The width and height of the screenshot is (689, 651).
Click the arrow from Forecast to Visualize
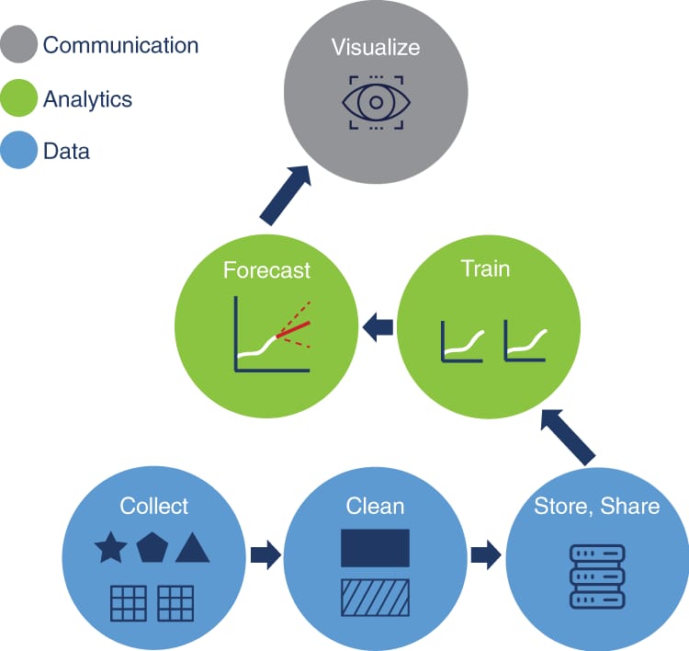286,195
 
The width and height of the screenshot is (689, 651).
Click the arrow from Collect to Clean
265,555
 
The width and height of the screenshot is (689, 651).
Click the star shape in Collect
111,549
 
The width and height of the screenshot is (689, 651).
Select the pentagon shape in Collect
152,549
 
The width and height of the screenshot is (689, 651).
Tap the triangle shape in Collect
193,549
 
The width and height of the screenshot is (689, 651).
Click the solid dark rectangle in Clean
375,548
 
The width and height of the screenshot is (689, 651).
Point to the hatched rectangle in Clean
375,597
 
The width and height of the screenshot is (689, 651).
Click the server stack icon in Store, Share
596,577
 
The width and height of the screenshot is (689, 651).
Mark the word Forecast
266,270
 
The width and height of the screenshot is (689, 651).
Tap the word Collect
154,506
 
